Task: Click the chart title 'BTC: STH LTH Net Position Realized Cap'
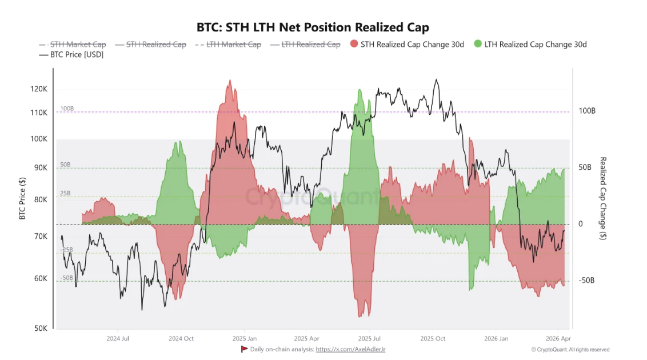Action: [x=313, y=27]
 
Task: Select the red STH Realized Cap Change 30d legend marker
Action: [x=354, y=44]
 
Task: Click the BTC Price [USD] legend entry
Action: [x=71, y=55]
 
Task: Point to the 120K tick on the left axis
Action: [x=39, y=89]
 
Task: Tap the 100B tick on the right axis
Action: [x=587, y=111]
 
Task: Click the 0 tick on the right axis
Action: [x=581, y=224]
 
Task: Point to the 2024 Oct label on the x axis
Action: [x=181, y=338]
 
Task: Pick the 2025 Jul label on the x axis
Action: [x=369, y=338]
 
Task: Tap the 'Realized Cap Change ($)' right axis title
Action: [x=603, y=198]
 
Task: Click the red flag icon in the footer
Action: [x=244, y=349]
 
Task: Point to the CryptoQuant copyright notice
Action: [x=570, y=350]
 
